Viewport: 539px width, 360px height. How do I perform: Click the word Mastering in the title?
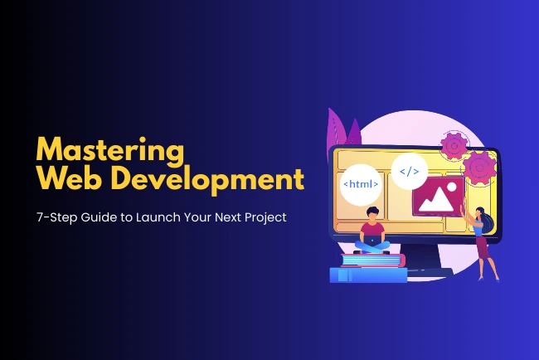pos(109,152)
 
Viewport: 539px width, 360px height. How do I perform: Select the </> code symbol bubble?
pos(410,173)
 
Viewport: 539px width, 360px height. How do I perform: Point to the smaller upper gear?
pos(454,147)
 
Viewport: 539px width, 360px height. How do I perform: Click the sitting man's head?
pos(372,216)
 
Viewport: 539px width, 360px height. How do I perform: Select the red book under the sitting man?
pos(369,260)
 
